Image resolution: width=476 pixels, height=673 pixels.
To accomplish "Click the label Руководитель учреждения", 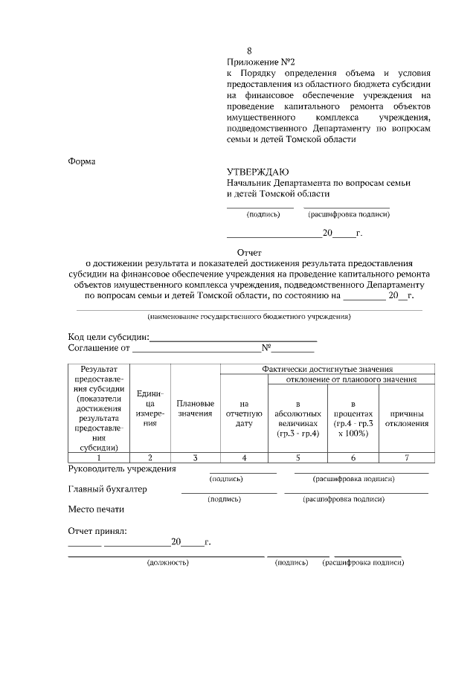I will [122, 469].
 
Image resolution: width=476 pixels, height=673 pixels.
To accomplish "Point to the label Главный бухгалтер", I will [107, 489].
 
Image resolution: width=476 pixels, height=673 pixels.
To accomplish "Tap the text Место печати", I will [96, 509].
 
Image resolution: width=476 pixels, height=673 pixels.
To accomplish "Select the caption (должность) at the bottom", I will [168, 563].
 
